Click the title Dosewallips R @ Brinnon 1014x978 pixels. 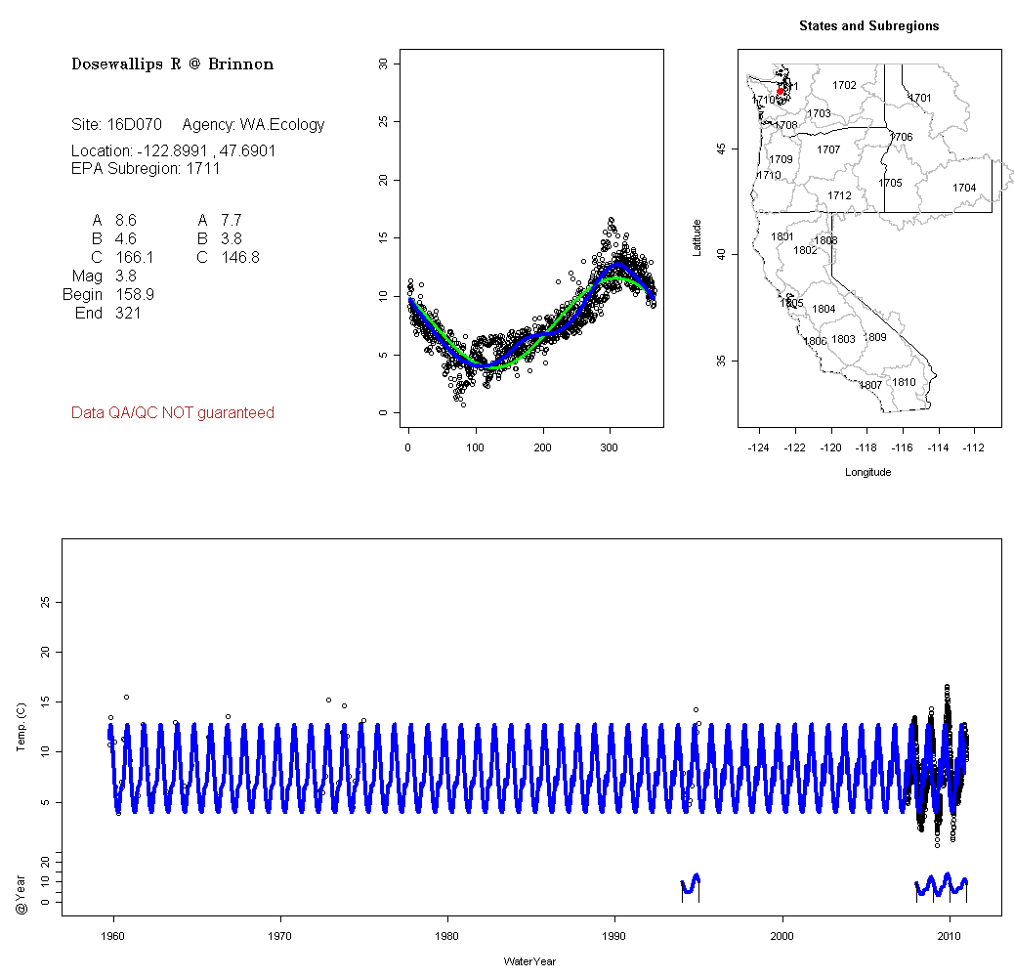click(x=172, y=64)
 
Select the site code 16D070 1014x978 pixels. click(x=134, y=125)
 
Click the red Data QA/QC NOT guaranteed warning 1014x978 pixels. click(x=173, y=413)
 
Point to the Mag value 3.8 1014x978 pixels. click(x=126, y=276)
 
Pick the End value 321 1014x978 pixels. click(x=128, y=313)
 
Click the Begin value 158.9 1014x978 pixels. click(x=135, y=294)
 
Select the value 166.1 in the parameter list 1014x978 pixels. click(x=135, y=257)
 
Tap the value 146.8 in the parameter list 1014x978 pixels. click(x=240, y=257)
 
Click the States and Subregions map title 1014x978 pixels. click(x=868, y=26)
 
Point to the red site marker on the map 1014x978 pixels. click(x=780, y=91)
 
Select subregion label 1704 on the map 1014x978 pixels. click(x=964, y=188)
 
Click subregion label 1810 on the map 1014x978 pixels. click(x=905, y=382)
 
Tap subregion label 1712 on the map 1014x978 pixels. click(x=839, y=195)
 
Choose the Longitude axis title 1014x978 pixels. click(x=867, y=472)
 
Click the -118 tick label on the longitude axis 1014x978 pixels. click(x=866, y=448)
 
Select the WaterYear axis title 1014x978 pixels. click(x=530, y=961)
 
